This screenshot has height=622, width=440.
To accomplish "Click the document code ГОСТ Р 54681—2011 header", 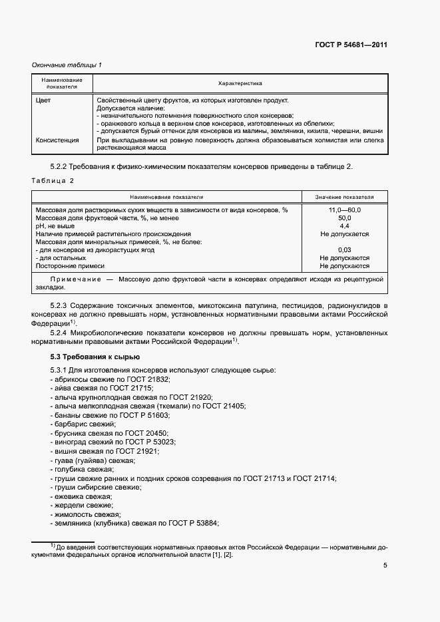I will pyautogui.click(x=351, y=45).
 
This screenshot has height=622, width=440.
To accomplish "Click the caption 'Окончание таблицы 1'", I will pyautogui.click(x=67, y=65).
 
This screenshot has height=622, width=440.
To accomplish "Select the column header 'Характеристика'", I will pyautogui.click(x=240, y=84).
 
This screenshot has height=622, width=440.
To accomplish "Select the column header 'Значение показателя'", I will pyautogui.click(x=344, y=198).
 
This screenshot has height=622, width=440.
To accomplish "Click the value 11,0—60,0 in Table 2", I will pyautogui.click(x=344, y=210).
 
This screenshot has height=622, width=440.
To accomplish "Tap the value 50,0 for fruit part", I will pyautogui.click(x=344, y=218).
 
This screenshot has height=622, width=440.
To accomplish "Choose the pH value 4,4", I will pyautogui.click(x=344, y=226).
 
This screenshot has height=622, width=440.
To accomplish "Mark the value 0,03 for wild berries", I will pyautogui.click(x=344, y=250).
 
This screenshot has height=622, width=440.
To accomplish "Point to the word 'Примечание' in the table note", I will pyautogui.click(x=75, y=280).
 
